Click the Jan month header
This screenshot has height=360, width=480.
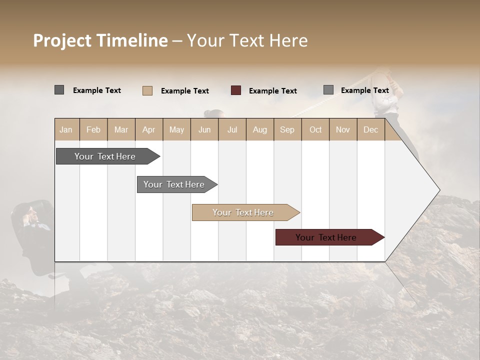point(66,129)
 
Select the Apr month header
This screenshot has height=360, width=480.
point(149,129)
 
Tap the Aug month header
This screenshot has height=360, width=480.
point(259,129)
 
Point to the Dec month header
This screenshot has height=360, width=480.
point(370,129)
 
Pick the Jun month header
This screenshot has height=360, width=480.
point(204,129)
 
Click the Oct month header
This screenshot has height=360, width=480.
point(315,129)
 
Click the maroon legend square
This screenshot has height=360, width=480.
point(236,90)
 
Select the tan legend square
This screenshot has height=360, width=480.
point(147,90)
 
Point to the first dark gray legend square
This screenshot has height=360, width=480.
point(59,90)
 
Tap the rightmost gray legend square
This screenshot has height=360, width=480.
point(328,90)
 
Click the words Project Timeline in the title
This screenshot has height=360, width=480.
point(100,40)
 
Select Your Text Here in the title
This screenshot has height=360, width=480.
point(247,40)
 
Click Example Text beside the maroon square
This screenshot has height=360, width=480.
point(272,91)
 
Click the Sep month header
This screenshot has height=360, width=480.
point(287,129)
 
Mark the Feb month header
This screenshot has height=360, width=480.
point(93,129)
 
